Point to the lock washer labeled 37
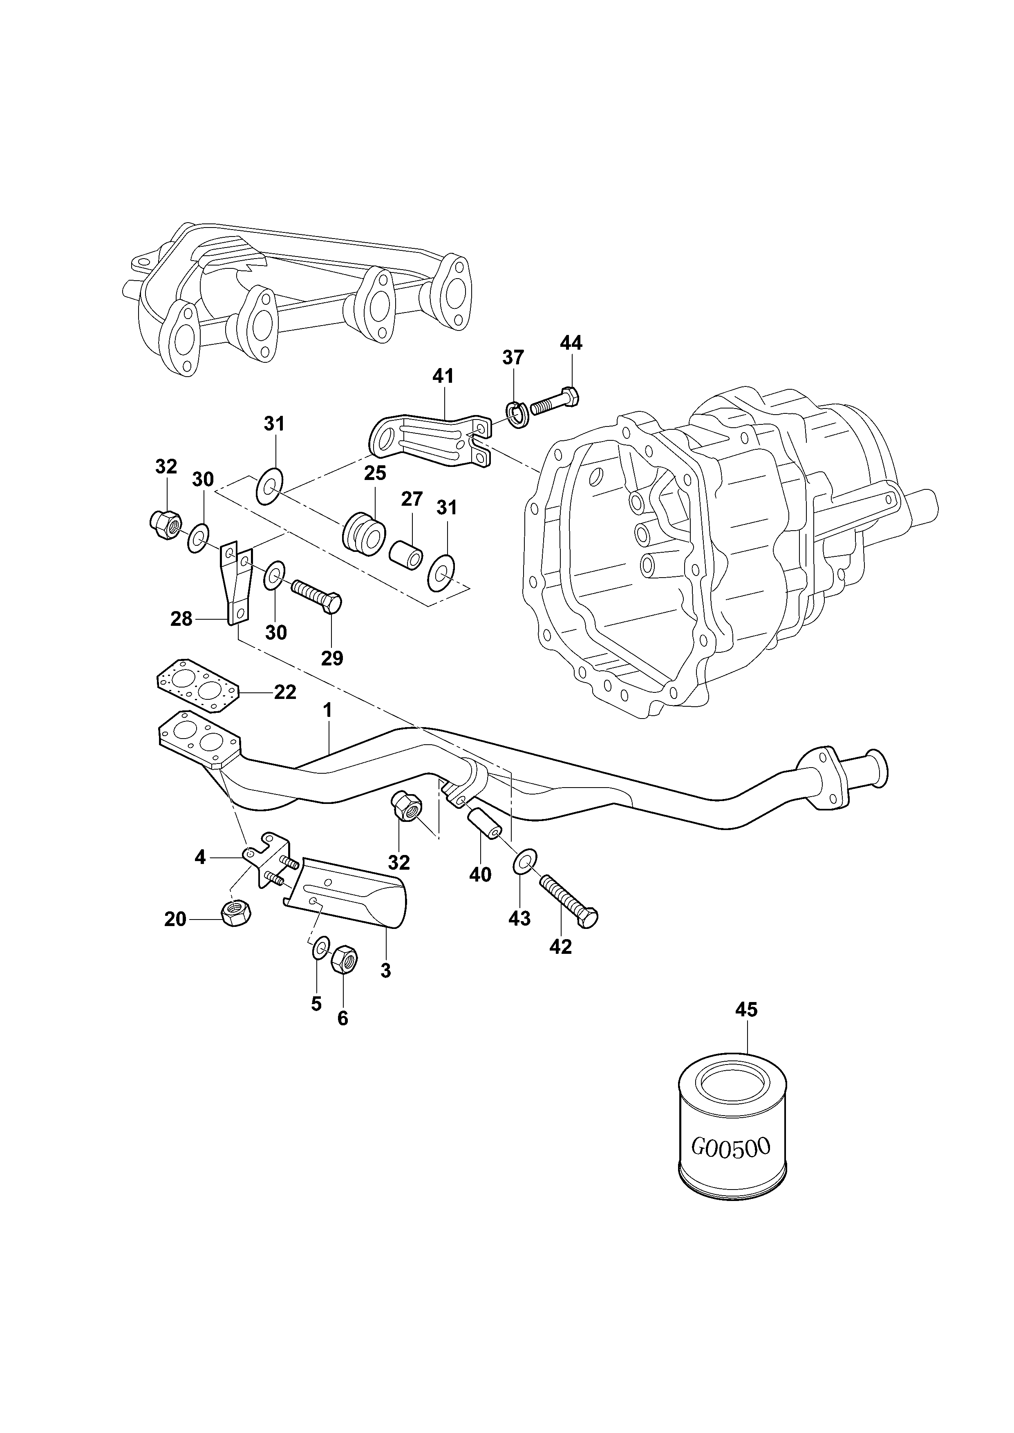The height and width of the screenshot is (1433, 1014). (517, 415)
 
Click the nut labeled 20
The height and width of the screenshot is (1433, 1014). (235, 915)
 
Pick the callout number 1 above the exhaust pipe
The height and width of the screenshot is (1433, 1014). (327, 710)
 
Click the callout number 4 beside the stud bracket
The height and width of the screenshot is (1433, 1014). (200, 857)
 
